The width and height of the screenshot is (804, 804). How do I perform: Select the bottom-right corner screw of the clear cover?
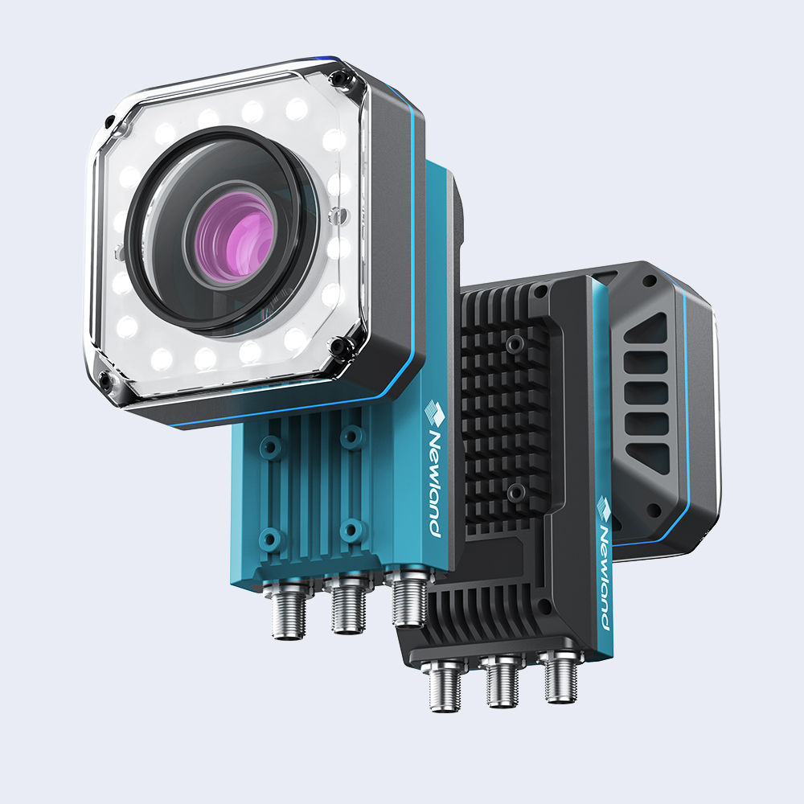coord(338,347)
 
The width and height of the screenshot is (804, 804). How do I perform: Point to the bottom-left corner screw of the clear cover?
coord(105,381)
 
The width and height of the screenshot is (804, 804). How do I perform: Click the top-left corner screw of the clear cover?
coord(109,122)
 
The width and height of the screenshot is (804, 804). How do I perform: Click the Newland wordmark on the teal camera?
coord(433,483)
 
